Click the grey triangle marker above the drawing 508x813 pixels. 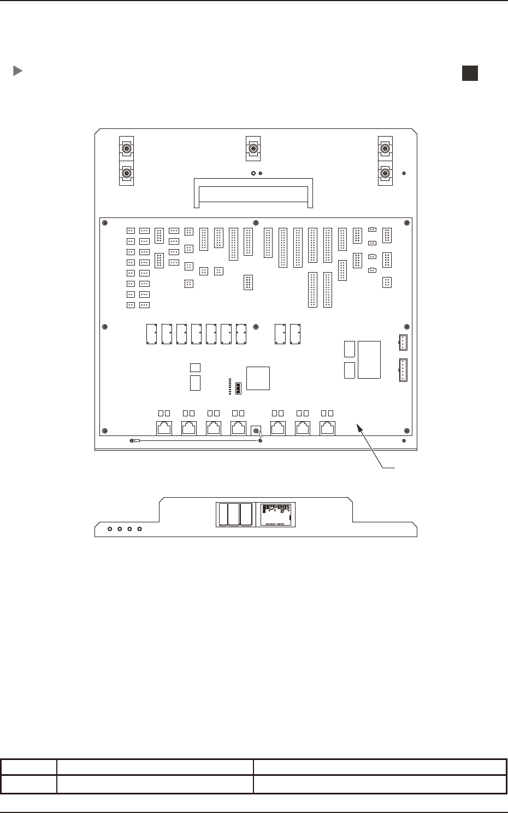(x=17, y=71)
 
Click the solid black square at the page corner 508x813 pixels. (x=470, y=73)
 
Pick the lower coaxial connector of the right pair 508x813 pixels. (x=385, y=174)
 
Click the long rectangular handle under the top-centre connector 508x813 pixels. (x=253, y=193)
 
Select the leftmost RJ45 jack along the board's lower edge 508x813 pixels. (x=164, y=428)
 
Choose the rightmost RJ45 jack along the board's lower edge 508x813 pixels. (x=327, y=428)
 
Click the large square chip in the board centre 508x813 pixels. (x=258, y=378)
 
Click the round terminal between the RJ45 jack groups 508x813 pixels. (x=255, y=431)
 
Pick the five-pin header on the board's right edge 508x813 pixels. (x=403, y=370)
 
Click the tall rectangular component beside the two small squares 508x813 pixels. (x=369, y=360)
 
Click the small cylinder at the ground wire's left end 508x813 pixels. (x=137, y=440)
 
